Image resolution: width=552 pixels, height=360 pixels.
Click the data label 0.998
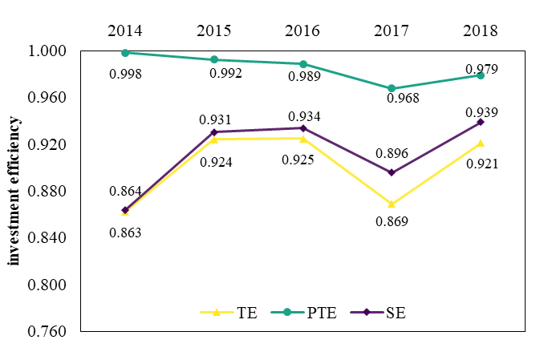(125, 75)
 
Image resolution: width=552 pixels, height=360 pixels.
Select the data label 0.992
(225, 74)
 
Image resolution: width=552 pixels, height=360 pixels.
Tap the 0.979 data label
(481, 70)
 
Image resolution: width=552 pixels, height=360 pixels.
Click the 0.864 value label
(125, 192)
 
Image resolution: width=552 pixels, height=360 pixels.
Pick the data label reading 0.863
(125, 233)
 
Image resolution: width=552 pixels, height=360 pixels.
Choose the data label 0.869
(392, 221)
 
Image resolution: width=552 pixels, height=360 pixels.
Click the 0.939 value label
(481, 113)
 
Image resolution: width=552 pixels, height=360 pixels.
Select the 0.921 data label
(481, 164)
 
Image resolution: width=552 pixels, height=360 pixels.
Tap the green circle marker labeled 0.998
(125, 53)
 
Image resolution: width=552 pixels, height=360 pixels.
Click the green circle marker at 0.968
(392, 88)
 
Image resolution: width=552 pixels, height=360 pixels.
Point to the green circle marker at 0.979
(481, 75)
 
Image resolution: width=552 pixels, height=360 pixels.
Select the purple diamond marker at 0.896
(392, 172)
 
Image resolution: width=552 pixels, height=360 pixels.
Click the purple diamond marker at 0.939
(481, 122)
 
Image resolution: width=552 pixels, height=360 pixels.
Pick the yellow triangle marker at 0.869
(392, 204)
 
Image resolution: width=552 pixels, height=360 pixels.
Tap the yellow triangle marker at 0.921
(481, 144)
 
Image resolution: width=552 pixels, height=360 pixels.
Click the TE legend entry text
(247, 313)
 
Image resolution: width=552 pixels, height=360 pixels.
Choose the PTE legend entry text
(322, 313)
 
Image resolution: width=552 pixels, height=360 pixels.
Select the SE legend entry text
(396, 313)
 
